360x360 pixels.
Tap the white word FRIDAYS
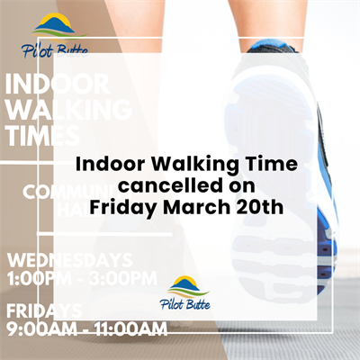pyautogui.click(x=45, y=311)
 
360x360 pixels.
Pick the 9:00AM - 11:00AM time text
pyautogui.click(x=86, y=330)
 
